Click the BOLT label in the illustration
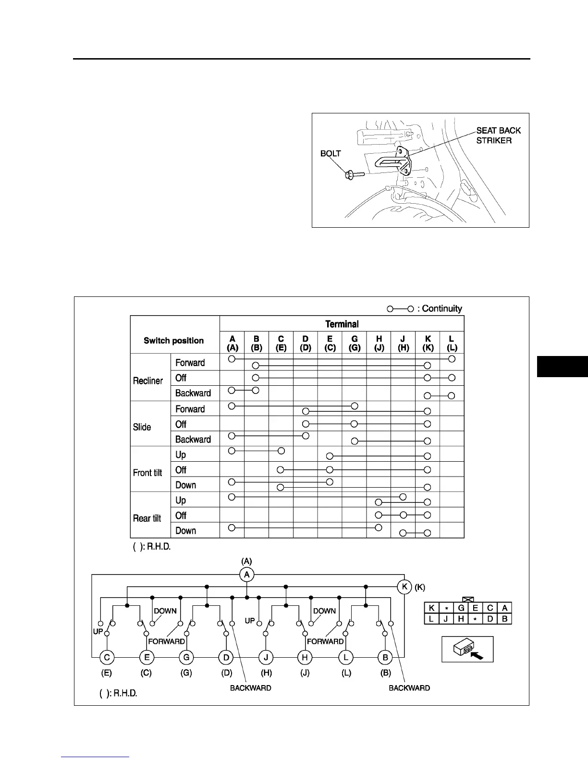click(x=331, y=154)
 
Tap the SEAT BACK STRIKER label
click(x=498, y=135)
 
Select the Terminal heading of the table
click(x=342, y=324)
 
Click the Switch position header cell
click(x=174, y=341)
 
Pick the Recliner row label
click(x=148, y=380)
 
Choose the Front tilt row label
click(x=147, y=473)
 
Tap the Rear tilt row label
click(x=147, y=518)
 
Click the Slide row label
click(x=142, y=427)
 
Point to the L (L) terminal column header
click(x=452, y=343)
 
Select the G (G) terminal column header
click(x=354, y=343)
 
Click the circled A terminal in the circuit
click(x=246, y=575)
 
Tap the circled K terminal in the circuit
click(x=404, y=587)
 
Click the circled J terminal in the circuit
click(x=266, y=657)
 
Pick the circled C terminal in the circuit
click(x=107, y=657)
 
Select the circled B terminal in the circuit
click(x=385, y=657)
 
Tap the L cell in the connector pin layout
click(x=431, y=619)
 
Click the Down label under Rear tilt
click(x=186, y=531)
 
